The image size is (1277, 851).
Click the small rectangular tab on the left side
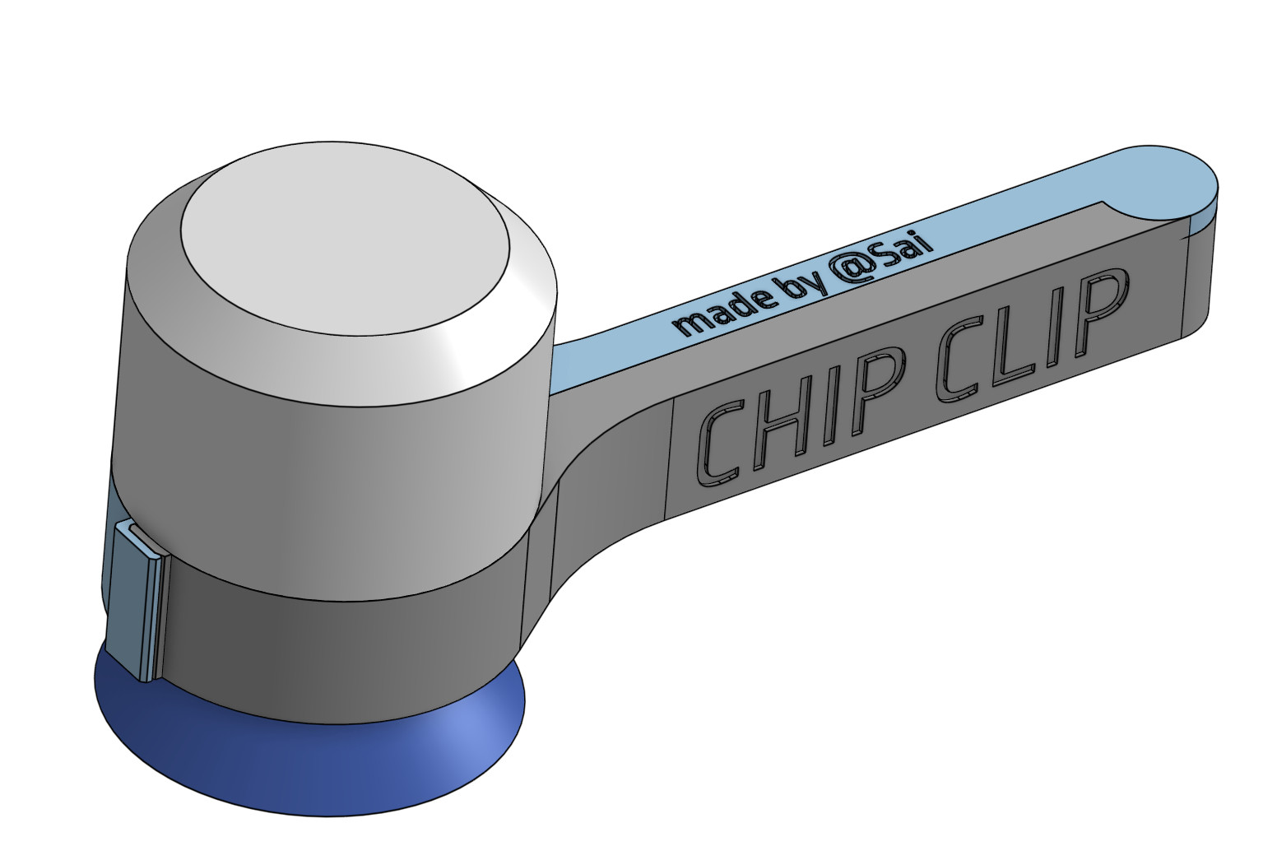pyautogui.click(x=132, y=597)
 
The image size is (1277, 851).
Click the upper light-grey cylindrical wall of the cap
pyautogui.click(x=329, y=453)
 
